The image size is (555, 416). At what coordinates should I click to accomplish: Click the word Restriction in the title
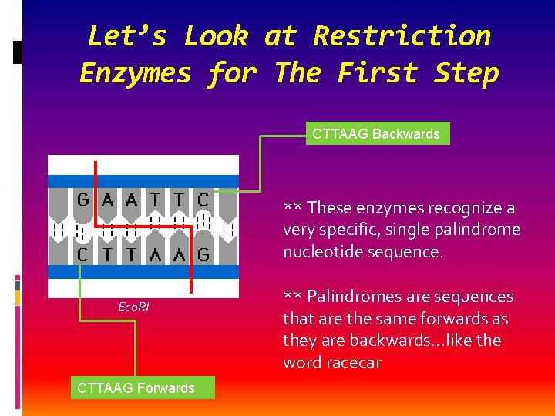point(402,36)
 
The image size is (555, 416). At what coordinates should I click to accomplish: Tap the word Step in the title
point(466,73)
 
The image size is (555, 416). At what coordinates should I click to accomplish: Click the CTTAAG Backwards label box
point(375,134)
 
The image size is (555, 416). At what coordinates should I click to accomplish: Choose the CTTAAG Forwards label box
point(136,387)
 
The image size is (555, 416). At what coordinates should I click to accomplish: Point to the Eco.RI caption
point(133,307)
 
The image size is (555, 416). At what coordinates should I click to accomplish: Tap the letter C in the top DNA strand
point(203,200)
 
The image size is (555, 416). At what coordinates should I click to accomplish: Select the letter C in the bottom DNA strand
point(82,255)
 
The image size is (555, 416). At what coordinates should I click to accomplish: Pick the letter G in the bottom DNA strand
point(203,255)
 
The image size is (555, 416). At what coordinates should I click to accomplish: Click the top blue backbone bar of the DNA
point(143,181)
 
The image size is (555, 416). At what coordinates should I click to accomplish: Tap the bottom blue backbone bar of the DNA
point(143,272)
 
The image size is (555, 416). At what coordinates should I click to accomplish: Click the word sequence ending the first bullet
point(405,252)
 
